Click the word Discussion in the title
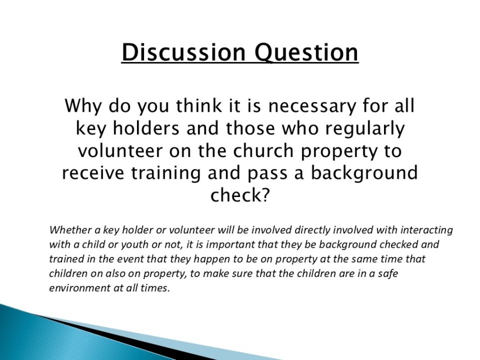point(183,52)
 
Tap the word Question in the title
point(306,53)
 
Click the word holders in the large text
point(146,128)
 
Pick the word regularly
point(365,129)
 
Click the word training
point(166,174)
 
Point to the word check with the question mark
point(239,195)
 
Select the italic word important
point(230,245)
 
